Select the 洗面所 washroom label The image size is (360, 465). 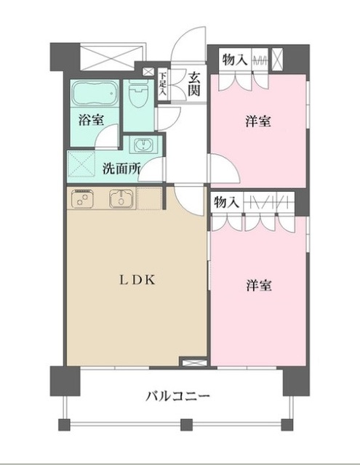(x=121, y=168)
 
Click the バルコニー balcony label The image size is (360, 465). (x=177, y=397)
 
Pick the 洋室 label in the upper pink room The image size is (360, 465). (x=258, y=121)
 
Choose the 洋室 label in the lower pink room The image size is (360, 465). (x=258, y=286)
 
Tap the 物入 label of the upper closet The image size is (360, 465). (x=233, y=59)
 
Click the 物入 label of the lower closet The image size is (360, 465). (x=226, y=203)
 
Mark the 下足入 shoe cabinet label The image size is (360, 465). (x=164, y=84)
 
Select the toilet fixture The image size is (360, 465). (x=137, y=95)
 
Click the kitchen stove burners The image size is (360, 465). (x=82, y=198)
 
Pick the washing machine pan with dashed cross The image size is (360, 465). (x=83, y=163)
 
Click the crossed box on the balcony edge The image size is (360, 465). (x=192, y=361)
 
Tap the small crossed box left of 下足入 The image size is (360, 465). (x=149, y=72)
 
